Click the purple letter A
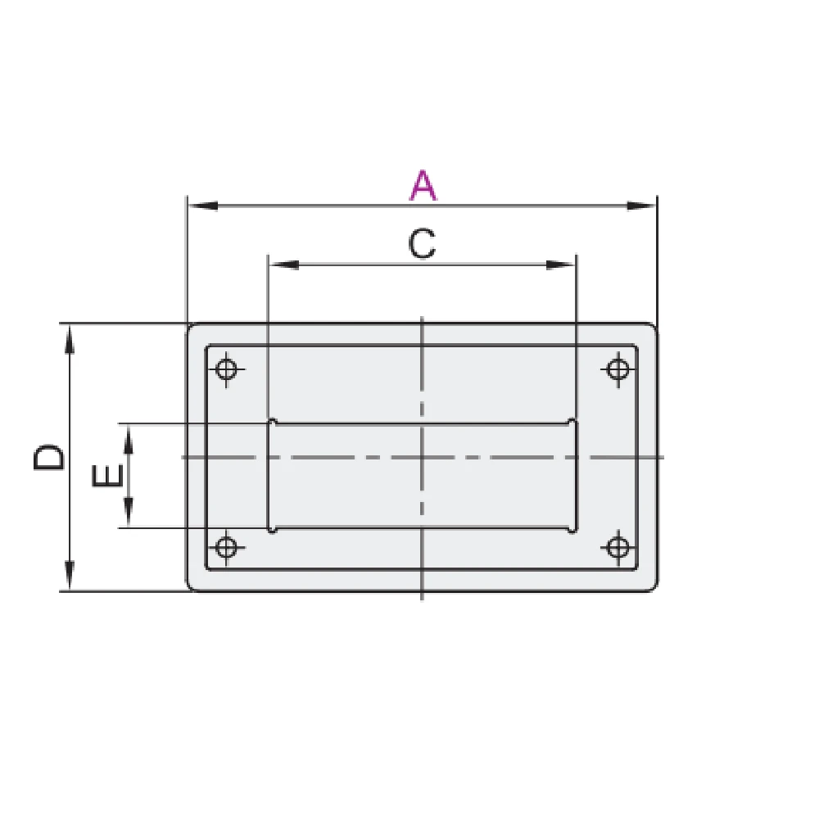click(423, 185)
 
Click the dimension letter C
click(422, 244)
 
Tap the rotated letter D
click(49, 458)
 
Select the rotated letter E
click(107, 475)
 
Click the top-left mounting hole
click(226, 369)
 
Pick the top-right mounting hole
click(618, 369)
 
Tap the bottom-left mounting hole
click(226, 547)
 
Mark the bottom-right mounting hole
click(618, 547)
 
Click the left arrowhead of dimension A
click(202, 206)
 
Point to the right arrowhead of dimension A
click(641, 206)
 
